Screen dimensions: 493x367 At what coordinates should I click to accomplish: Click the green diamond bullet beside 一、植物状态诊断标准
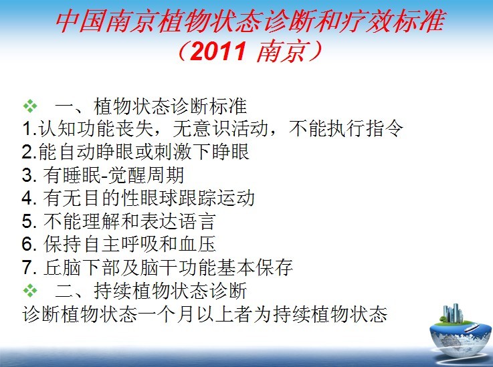[30, 106]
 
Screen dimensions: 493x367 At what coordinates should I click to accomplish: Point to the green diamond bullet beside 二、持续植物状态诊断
[30, 291]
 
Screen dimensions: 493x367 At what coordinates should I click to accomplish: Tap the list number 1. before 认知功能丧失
[29, 129]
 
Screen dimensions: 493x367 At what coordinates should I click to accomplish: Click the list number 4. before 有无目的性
[29, 198]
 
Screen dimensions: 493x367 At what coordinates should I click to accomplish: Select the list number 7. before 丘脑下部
[29, 267]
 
